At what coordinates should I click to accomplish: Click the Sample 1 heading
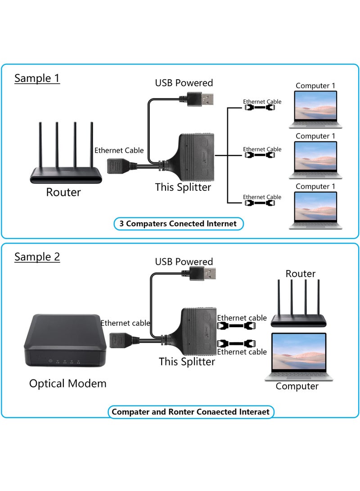click(x=37, y=78)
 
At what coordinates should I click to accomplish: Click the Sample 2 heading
click(x=37, y=257)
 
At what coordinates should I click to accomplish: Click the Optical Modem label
click(x=68, y=383)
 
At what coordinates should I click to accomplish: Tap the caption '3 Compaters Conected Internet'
click(x=178, y=223)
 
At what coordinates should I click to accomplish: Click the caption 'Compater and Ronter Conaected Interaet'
click(x=190, y=411)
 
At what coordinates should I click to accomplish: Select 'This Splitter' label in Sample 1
click(x=183, y=187)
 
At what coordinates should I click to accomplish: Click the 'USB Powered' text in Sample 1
click(x=184, y=83)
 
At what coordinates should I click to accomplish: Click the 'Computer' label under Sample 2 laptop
click(x=297, y=386)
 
